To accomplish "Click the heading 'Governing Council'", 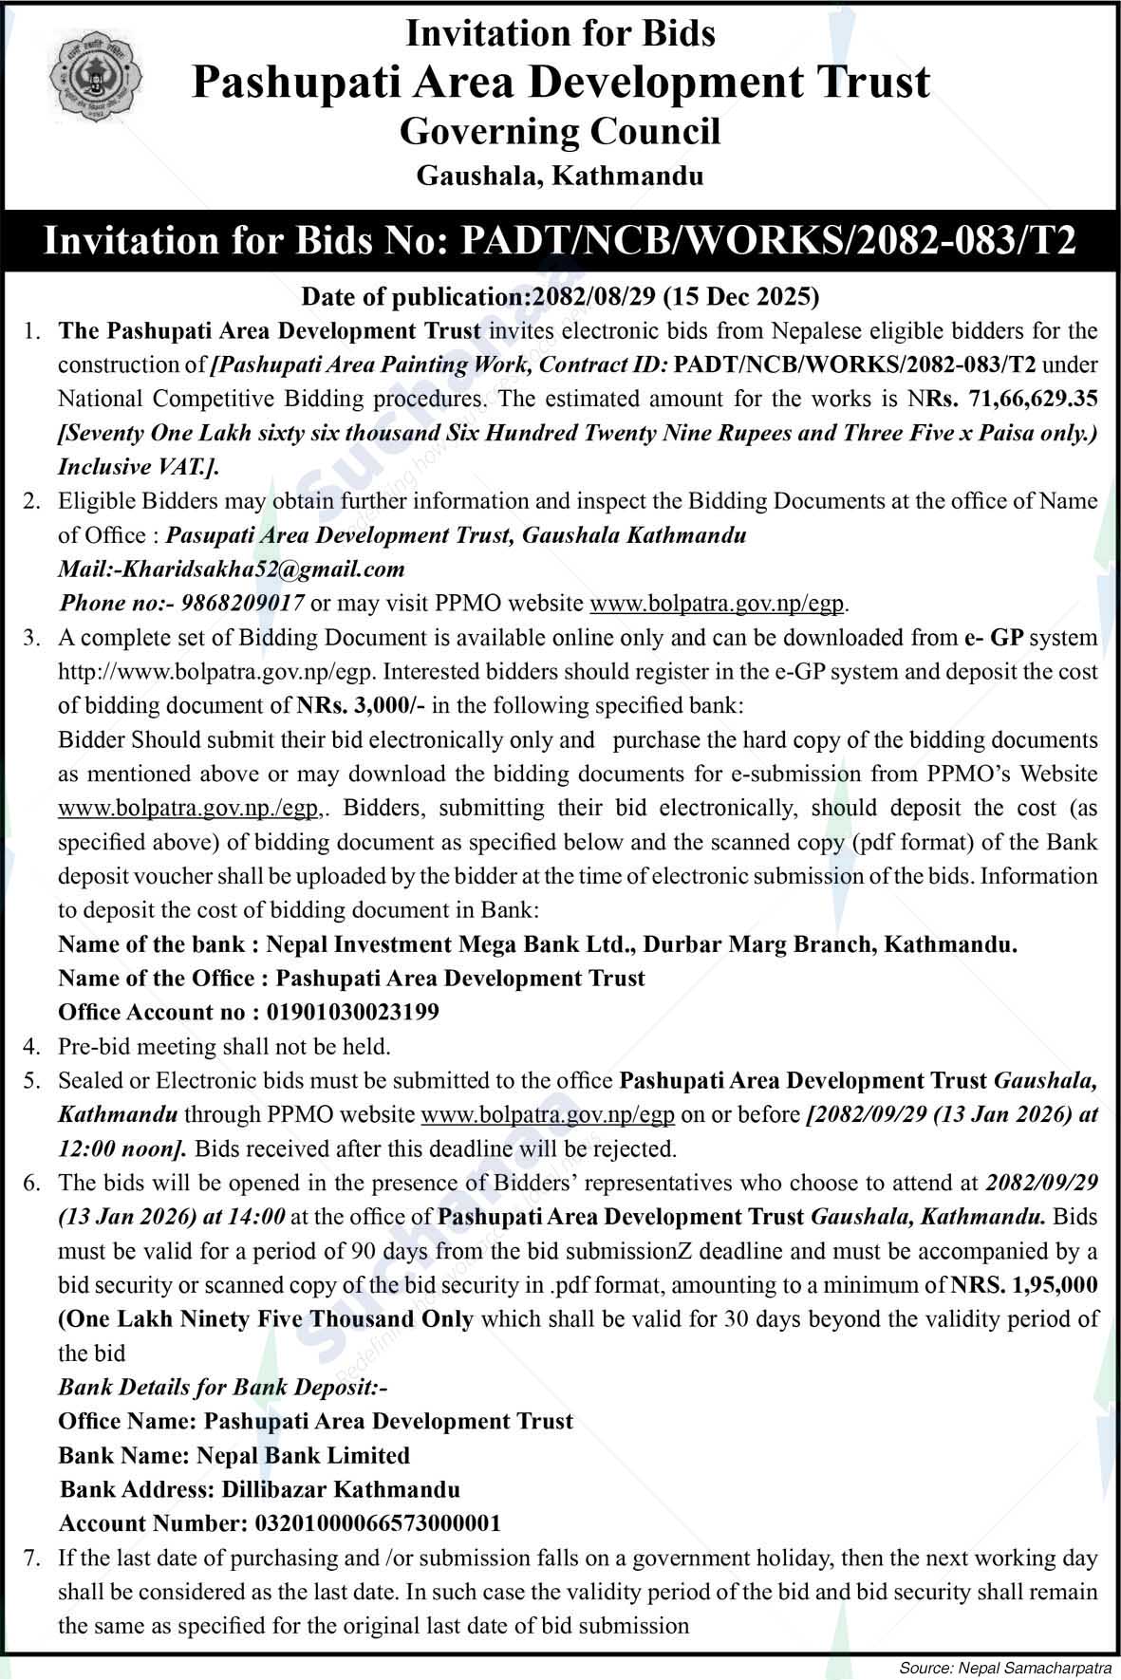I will (x=560, y=131).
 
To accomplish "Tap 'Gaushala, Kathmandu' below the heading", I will (x=560, y=177).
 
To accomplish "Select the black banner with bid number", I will (x=560, y=240).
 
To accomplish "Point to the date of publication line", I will (x=560, y=297).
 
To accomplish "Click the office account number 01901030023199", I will (x=346, y=1013).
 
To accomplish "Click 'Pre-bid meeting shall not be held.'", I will (x=224, y=1047).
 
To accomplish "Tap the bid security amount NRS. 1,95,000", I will (x=1023, y=1286).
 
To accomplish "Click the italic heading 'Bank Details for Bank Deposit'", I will (x=223, y=1388).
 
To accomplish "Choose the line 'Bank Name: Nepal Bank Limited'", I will (x=234, y=1456).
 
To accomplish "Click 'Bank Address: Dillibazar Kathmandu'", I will (x=259, y=1490).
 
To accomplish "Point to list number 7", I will (x=31, y=1559).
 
